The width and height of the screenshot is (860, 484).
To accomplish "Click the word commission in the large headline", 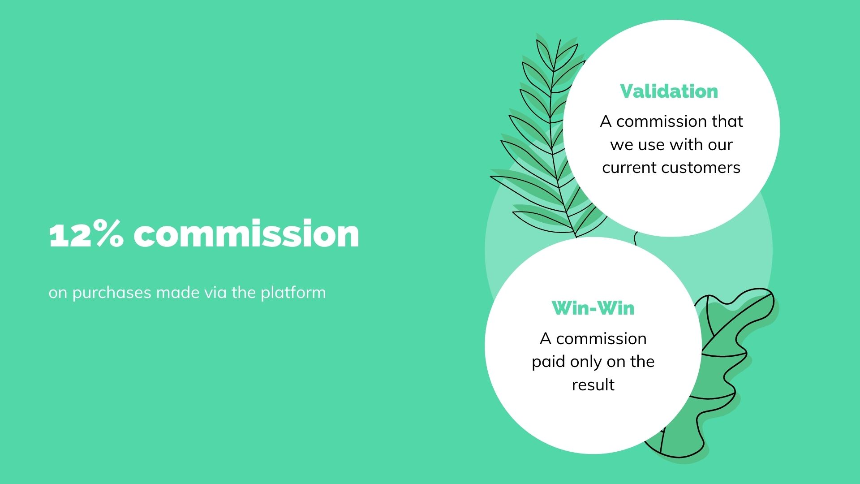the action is [246, 233].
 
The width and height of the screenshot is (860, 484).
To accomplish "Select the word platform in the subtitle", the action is [293, 293].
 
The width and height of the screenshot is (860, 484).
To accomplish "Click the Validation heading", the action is [669, 91].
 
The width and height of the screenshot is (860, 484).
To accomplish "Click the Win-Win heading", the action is [593, 308].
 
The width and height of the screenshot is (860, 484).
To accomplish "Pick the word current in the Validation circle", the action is [629, 168].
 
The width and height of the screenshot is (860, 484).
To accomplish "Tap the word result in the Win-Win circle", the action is [593, 385].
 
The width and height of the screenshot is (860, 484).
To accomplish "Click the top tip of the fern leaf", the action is [560, 40].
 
